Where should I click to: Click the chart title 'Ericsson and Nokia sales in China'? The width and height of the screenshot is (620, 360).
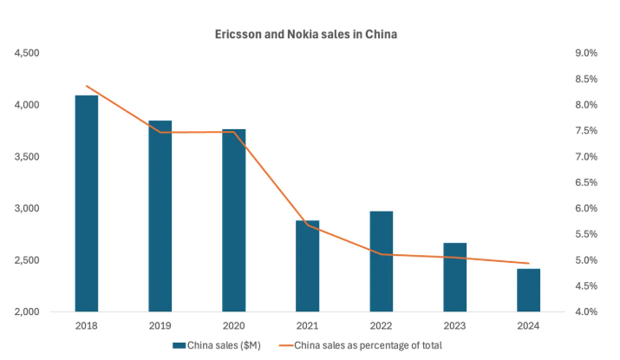306,35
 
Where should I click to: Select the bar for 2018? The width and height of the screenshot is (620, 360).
86,203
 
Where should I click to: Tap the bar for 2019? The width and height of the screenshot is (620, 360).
160,216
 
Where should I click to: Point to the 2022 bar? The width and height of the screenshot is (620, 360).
381,261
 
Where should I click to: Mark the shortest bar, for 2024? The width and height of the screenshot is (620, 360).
528,290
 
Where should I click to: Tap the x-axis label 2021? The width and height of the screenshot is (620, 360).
307,326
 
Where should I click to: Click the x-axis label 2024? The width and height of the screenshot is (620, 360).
528,326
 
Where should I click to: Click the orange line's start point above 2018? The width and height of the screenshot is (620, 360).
86,86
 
